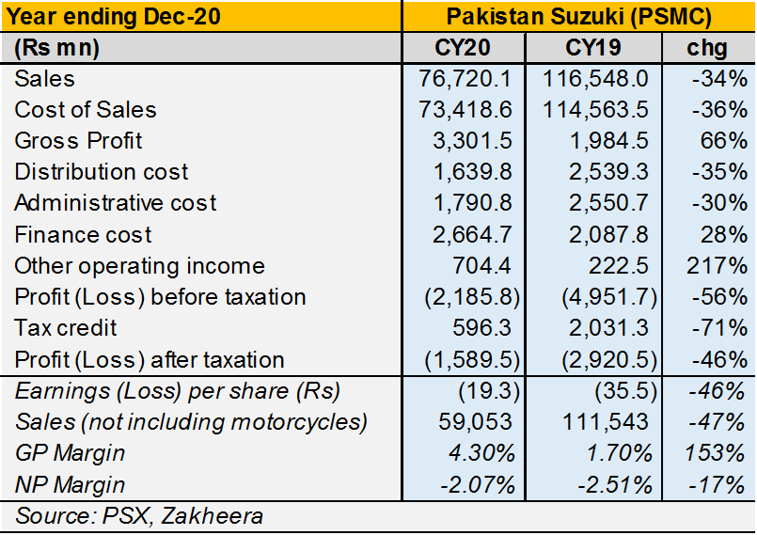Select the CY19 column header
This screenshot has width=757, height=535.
tap(592, 47)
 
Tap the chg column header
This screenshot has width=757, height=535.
tap(709, 47)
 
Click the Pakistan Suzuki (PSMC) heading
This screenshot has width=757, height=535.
tap(578, 16)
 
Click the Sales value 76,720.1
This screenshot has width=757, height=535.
tap(466, 79)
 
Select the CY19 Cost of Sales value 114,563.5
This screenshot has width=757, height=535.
tap(596, 110)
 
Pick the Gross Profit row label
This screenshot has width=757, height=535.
tap(79, 141)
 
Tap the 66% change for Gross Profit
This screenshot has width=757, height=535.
tap(724, 141)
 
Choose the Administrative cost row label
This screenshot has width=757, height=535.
tap(116, 203)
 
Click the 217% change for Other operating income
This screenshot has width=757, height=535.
tap(718, 266)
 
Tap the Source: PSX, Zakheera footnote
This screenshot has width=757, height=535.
tap(139, 515)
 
